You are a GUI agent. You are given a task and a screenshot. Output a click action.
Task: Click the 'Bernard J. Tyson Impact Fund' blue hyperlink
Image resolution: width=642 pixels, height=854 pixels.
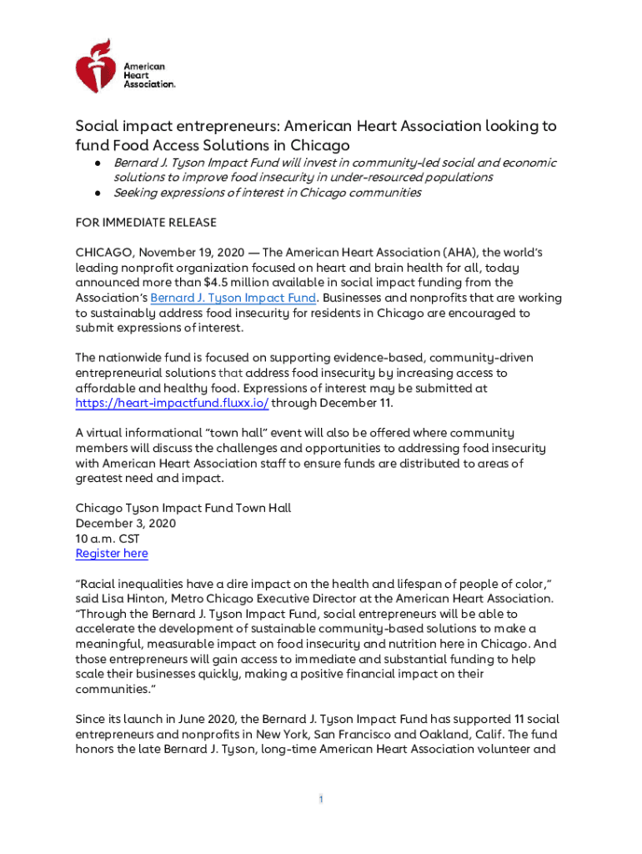[x=233, y=298]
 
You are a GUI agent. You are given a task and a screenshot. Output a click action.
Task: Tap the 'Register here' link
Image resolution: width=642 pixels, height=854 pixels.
[x=112, y=553]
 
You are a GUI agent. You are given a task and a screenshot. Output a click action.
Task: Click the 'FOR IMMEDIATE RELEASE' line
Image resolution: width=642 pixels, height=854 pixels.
[x=146, y=223]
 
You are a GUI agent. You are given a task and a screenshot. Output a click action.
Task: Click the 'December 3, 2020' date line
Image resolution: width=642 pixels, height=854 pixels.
[x=126, y=523]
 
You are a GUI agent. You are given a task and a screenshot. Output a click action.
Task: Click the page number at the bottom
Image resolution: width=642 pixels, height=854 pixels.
[x=321, y=800]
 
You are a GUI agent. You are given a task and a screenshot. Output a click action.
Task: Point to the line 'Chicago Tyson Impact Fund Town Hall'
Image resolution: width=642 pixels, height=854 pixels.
[x=183, y=508]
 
